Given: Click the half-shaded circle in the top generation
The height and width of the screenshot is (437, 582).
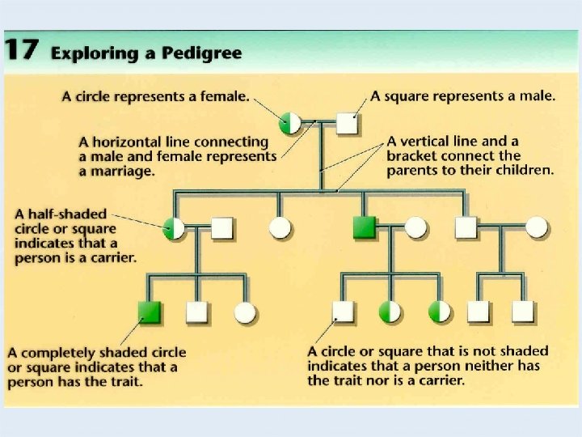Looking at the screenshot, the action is point(290,122).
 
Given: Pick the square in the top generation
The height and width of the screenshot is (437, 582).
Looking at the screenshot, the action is point(347,122).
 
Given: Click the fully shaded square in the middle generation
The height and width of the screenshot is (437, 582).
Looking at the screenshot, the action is point(365,228).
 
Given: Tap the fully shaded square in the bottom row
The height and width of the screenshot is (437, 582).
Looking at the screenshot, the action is point(150,312).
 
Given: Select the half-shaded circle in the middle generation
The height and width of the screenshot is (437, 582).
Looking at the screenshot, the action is point(175,229).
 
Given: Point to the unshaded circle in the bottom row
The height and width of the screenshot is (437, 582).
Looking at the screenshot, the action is point(245,312).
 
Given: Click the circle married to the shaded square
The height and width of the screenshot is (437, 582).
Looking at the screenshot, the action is point(415,228).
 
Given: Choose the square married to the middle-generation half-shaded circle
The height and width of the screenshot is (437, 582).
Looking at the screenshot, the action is point(222,229).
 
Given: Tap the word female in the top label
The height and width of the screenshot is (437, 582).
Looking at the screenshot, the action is point(224,96).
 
